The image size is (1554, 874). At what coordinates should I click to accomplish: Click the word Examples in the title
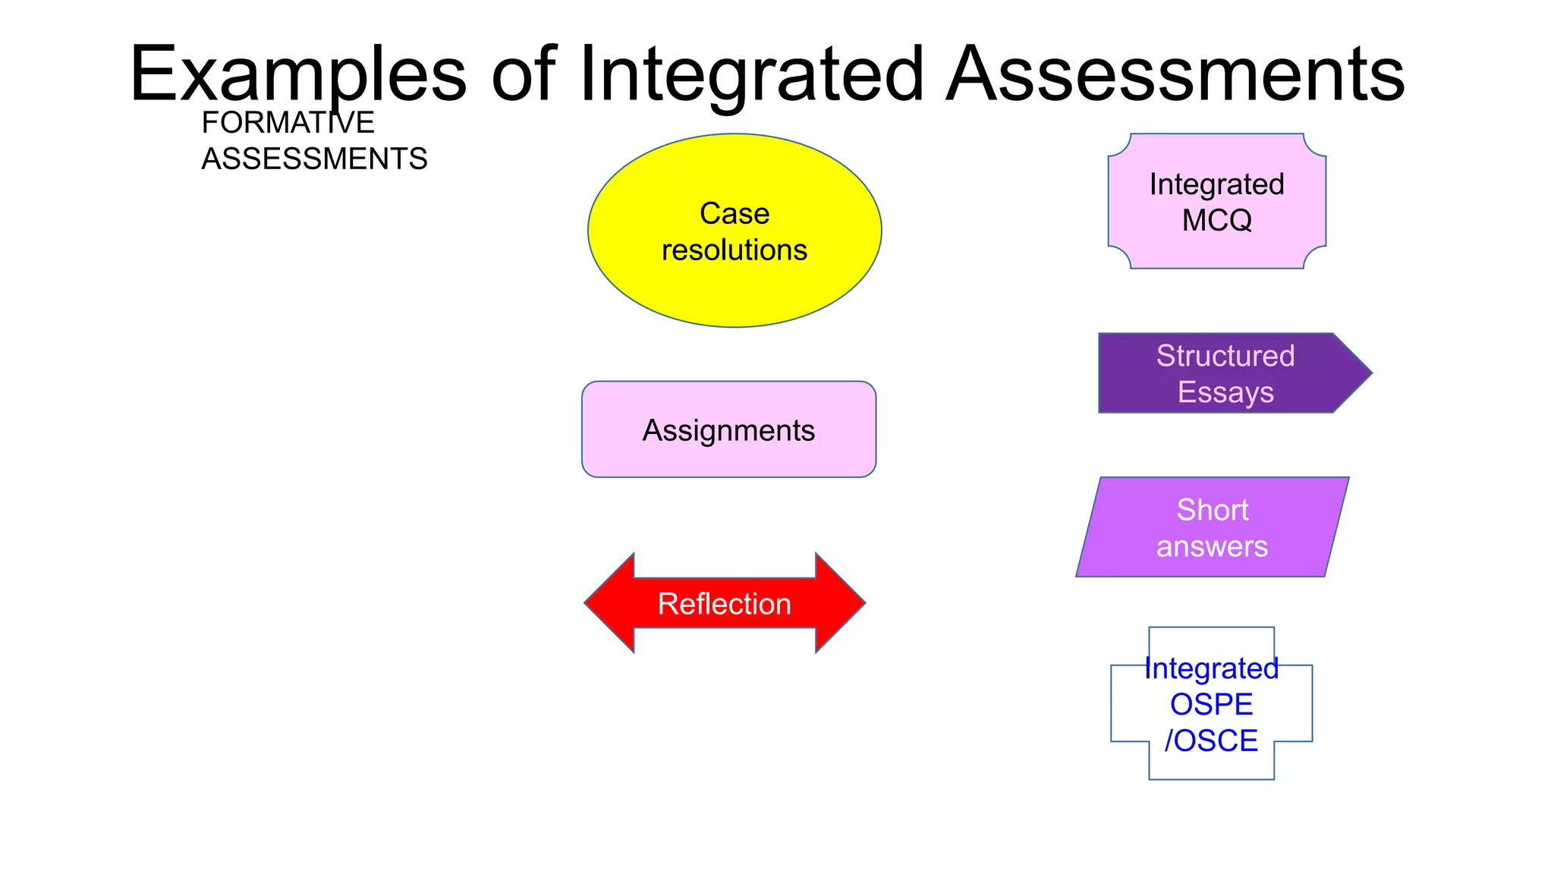297,74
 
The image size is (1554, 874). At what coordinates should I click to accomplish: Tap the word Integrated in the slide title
751,74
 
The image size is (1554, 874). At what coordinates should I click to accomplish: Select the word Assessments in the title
1175,74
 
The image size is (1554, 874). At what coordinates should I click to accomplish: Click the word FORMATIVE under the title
288,123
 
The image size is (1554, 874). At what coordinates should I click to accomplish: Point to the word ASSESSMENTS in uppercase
314,159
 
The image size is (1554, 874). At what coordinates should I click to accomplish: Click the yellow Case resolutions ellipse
735,288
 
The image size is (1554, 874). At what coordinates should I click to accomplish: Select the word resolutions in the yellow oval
735,250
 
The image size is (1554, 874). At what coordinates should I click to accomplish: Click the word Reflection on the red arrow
724,604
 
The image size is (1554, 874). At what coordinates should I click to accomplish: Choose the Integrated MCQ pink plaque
1217,250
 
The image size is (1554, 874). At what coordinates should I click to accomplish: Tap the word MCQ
1217,221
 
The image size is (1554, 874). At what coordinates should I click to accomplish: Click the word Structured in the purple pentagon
1225,356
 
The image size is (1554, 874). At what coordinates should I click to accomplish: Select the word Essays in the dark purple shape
1225,392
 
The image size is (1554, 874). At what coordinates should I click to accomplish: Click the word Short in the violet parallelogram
1213,510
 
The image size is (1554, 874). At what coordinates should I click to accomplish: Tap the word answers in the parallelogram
1212,546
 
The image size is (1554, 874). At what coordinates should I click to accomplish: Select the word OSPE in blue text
1211,705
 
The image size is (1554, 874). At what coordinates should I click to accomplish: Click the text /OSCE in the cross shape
1211,741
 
